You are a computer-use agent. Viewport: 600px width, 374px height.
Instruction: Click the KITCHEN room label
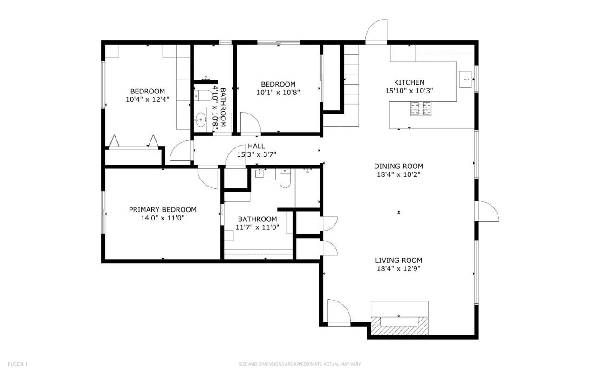(x=409, y=82)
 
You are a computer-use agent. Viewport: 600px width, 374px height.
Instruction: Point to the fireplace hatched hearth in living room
(x=399, y=327)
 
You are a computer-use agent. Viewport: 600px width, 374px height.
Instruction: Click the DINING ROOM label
(x=398, y=166)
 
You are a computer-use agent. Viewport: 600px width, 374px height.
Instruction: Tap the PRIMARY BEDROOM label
(x=163, y=210)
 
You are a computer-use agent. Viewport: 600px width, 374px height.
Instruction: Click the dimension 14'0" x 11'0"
(x=163, y=218)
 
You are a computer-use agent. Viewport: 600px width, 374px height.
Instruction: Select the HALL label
(x=256, y=146)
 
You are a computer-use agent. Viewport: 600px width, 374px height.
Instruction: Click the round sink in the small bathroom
(x=201, y=120)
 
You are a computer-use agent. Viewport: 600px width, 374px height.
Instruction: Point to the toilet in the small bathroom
(x=201, y=95)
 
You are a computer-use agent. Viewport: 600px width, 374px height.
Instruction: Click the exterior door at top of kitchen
(x=376, y=32)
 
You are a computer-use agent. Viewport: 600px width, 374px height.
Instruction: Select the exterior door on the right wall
(x=487, y=212)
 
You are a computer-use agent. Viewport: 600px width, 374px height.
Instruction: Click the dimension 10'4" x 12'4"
(x=147, y=99)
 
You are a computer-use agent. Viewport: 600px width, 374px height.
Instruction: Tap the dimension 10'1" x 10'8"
(x=278, y=92)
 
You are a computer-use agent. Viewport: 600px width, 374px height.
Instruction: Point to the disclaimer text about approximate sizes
(x=300, y=364)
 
